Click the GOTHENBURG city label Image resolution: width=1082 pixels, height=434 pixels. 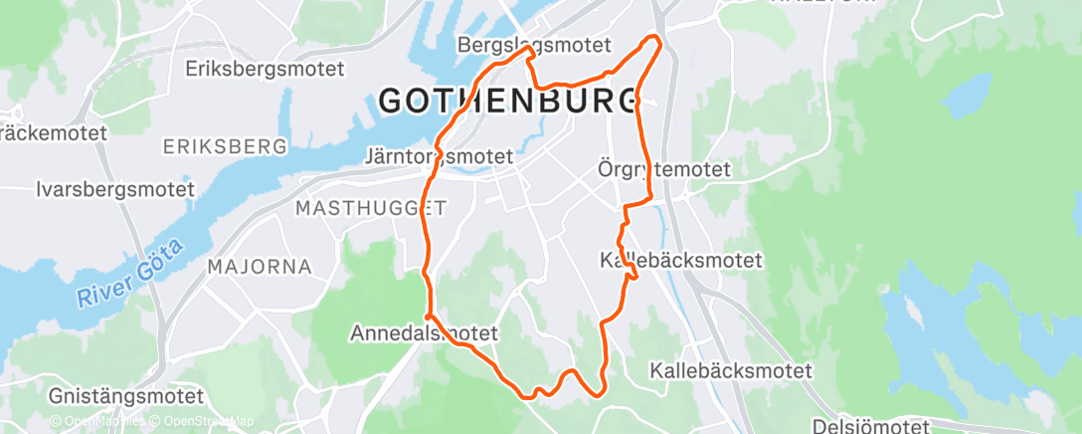[508, 100]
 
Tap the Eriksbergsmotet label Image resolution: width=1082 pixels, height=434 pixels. [265, 70]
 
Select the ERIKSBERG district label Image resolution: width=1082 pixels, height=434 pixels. [225, 146]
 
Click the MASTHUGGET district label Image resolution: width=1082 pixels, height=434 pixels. [371, 208]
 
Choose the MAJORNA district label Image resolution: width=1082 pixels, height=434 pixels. [260, 267]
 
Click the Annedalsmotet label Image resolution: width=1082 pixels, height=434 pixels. [423, 333]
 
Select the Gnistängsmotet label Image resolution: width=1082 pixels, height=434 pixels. [125, 396]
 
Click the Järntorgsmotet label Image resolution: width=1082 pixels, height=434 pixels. [439, 156]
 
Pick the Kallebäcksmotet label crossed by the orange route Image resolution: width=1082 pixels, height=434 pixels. [681, 261]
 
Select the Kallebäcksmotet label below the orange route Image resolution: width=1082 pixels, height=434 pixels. [731, 370]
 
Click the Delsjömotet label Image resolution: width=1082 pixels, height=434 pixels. [870, 426]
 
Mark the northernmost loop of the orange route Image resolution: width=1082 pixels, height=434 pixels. [653, 39]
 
